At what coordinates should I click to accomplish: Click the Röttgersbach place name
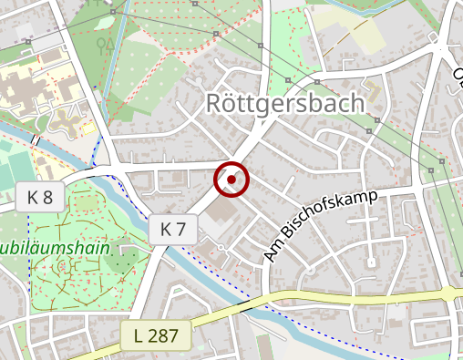point(285,103)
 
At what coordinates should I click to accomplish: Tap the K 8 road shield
point(39,196)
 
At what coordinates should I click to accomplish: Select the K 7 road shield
point(173,229)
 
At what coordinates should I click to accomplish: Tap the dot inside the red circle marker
point(231,180)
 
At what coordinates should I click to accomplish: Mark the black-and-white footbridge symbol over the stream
point(36,139)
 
